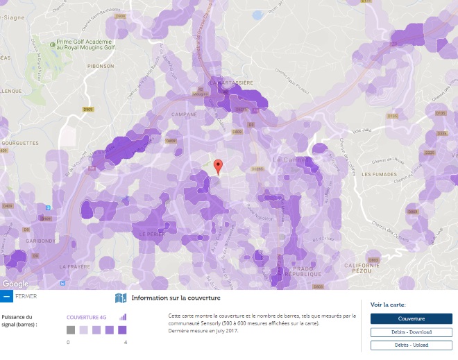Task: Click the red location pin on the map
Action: click(218, 166)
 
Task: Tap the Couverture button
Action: click(411, 319)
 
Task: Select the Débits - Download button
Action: click(411, 332)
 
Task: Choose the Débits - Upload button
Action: click(411, 345)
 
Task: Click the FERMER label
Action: click(26, 296)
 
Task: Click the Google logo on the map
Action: click(15, 284)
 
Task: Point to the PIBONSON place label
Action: click(101, 66)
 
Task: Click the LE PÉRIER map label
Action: click(151, 234)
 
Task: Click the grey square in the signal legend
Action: click(71, 330)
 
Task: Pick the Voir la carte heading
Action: click(388, 305)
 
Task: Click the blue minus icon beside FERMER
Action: click(6, 296)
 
